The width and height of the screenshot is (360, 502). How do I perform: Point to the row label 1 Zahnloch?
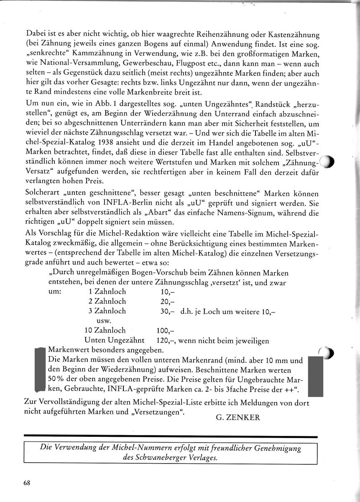pos(107,292)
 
